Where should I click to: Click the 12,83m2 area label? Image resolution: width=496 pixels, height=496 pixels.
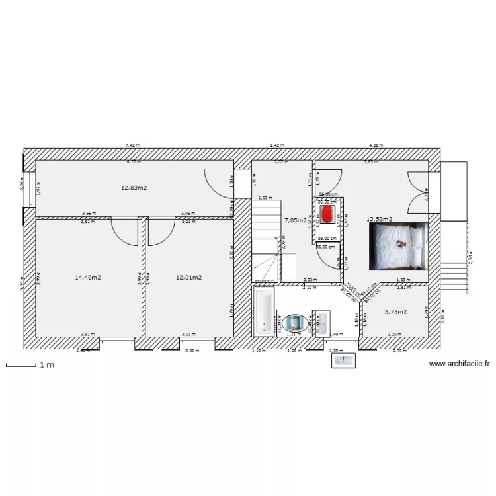click(134, 188)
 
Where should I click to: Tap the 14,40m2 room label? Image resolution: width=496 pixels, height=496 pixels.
click(88, 278)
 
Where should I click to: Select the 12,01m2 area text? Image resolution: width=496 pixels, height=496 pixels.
click(188, 278)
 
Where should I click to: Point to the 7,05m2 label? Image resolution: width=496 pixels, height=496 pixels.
click(295, 220)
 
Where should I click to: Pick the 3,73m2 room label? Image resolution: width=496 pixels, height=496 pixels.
click(395, 311)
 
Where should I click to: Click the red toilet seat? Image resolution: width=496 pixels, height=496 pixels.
click(327, 213)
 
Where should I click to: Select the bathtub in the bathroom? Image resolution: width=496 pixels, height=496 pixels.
click(265, 312)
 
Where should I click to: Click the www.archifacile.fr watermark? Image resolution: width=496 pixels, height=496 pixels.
click(459, 364)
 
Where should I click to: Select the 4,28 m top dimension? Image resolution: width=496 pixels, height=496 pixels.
click(376, 145)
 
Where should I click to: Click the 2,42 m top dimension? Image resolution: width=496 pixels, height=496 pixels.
click(276, 145)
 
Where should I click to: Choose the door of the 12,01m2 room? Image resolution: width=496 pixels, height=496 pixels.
click(159, 230)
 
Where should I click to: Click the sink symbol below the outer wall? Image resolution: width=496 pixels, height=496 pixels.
click(344, 360)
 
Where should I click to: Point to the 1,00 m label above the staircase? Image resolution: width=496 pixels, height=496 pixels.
click(265, 198)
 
